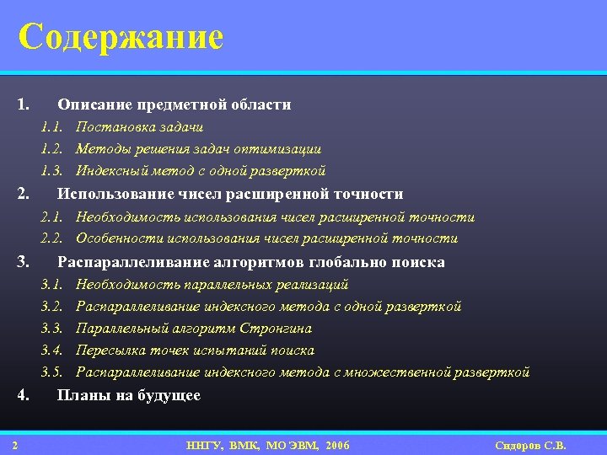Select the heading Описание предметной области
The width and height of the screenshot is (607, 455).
tap(174, 104)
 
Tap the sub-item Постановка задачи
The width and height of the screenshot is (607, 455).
tap(139, 127)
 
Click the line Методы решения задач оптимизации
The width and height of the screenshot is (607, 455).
tap(198, 149)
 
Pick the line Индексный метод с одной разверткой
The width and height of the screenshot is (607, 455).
tap(201, 171)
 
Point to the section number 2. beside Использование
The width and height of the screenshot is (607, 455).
tap(24, 194)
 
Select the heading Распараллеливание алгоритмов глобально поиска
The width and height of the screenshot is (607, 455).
tap(250, 262)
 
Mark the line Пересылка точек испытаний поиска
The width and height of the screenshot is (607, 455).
tap(195, 351)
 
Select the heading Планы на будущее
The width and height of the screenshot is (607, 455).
tap(128, 395)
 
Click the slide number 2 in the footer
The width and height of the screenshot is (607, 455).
tap(16, 445)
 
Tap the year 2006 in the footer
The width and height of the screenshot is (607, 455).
tap(336, 445)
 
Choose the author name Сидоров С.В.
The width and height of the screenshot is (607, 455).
tap(530, 445)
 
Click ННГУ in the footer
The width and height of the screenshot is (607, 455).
tap(204, 445)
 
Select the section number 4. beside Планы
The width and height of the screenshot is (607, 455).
tap(24, 395)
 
